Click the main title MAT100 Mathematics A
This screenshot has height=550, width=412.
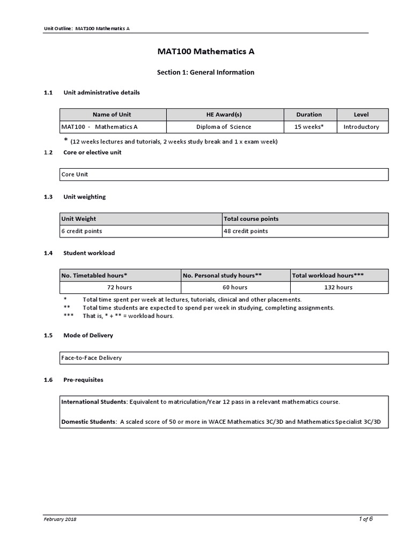pos(205,52)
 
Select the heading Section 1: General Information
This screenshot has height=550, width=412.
pos(205,72)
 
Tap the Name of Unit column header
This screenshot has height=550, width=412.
pos(112,114)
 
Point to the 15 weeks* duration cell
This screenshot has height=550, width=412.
pos(309,127)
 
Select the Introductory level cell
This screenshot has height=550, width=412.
pos(361,127)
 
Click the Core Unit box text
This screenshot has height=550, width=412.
pos(75,175)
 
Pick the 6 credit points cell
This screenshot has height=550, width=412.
pos(82,231)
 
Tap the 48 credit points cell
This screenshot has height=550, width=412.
pos(246,231)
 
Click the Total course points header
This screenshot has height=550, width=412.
pos(251,219)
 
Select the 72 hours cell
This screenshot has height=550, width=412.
pos(120,287)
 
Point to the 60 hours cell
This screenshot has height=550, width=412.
pos(235,287)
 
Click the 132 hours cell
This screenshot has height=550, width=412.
pos(338,287)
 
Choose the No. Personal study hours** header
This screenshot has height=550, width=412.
pos(222,275)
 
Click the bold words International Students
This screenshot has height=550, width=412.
pos(94,401)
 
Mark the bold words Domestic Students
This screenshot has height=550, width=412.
pos(89,422)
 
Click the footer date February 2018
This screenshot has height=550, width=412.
pos(60,519)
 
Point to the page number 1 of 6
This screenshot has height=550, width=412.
pos(365,519)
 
